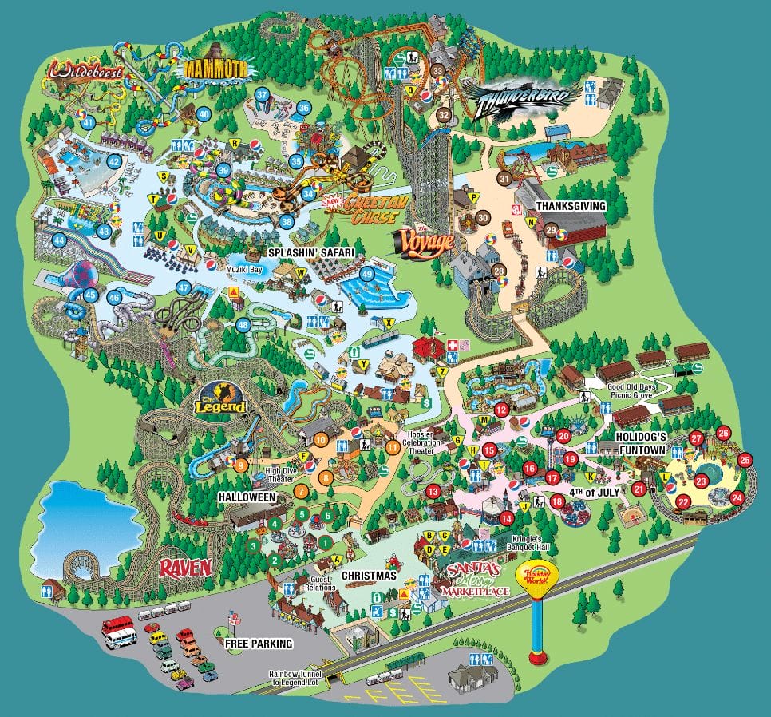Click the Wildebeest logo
(89, 71)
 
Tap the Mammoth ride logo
(215, 69)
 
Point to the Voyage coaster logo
(425, 239)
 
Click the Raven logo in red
(184, 567)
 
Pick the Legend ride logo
(219, 401)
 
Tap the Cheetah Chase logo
(375, 209)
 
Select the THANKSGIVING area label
(571, 205)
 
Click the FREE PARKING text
(259, 643)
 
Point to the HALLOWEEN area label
(247, 497)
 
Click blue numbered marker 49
(367, 273)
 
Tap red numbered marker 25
(745, 460)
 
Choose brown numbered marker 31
(504, 179)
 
